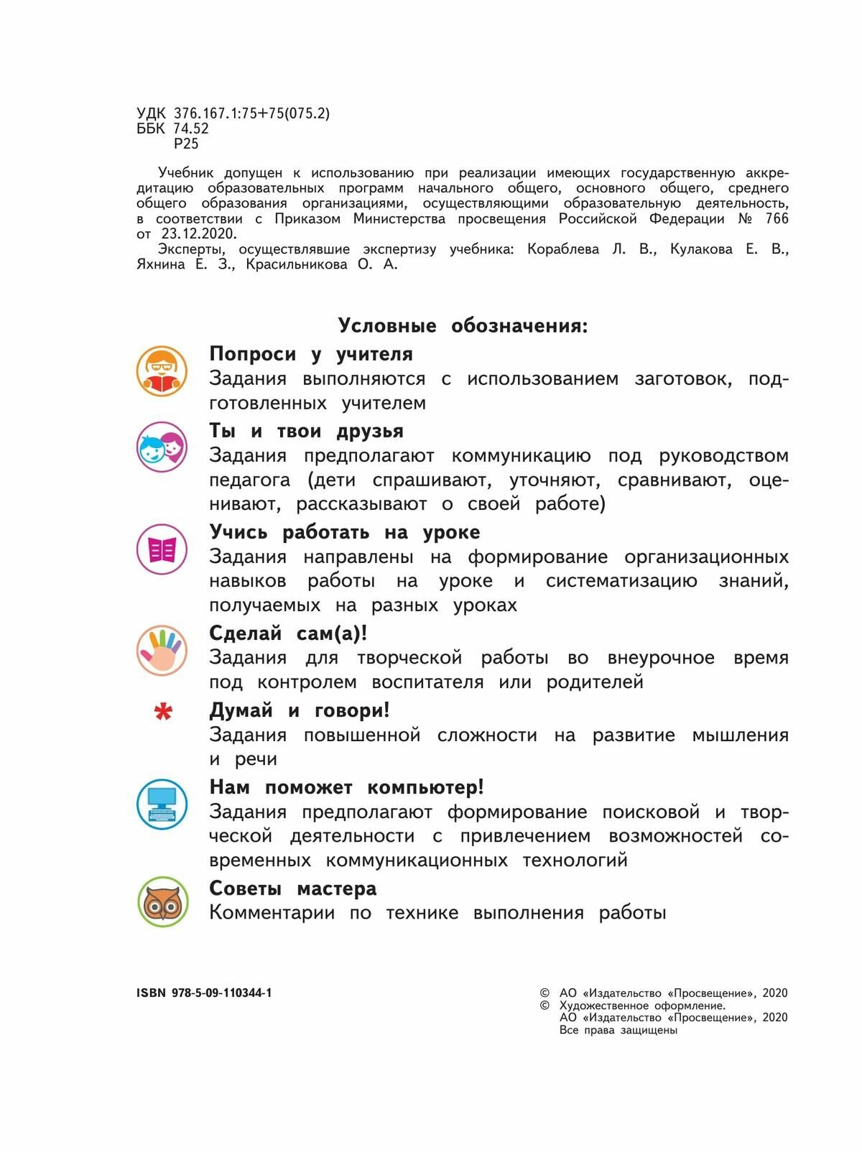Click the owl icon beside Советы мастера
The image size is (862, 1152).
tap(162, 902)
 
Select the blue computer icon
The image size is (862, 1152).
tap(162, 804)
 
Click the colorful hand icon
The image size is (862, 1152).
tap(162, 650)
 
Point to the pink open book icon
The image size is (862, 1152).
tap(162, 549)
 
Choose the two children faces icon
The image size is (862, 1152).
tap(162, 447)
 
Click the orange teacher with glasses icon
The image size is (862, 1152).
tap(162, 371)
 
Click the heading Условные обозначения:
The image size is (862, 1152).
tap(463, 326)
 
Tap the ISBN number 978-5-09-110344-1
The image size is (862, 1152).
tap(222, 993)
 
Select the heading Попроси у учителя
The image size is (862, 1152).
tap(311, 354)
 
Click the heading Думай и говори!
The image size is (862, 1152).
tap(300, 710)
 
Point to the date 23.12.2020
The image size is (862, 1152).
tap(198, 234)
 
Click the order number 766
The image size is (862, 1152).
tap(776, 218)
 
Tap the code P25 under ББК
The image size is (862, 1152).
tap(186, 144)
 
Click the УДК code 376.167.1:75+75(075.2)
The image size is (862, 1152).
tap(251, 113)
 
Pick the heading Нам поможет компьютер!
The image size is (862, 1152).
tap(346, 787)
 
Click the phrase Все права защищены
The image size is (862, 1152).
tap(618, 1030)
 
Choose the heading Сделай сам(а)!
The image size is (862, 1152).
tap(288, 633)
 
